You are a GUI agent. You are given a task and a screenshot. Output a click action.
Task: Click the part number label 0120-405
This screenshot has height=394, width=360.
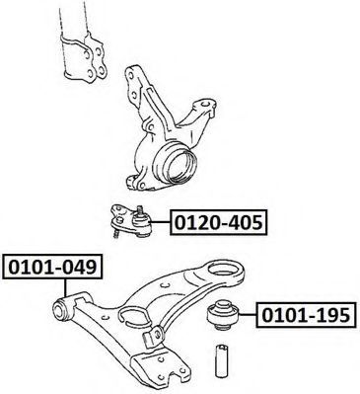coord(219,222)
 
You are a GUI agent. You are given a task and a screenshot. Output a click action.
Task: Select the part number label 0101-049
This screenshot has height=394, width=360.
coord(52,267)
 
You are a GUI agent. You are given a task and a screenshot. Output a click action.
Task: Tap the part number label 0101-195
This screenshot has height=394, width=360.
coord(306,315)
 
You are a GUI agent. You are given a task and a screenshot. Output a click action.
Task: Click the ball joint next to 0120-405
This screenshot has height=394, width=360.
coord(132,221)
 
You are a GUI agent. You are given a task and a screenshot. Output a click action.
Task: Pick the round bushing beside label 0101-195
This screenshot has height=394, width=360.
coord(224,315)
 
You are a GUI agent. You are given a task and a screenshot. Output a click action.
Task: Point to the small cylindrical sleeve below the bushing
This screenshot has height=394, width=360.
coord(222,361)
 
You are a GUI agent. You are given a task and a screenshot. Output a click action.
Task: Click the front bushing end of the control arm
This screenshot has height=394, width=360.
coord(61,309)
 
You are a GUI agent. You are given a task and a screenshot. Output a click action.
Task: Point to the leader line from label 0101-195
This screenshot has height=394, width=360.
coord(249,315)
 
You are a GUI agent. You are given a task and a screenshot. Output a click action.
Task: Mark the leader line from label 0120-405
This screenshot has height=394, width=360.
coord(161,222)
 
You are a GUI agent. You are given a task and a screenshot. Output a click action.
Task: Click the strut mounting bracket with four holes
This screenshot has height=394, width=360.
coord(84,57)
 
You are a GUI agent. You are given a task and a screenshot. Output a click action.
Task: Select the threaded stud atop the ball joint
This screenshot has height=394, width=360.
coord(141,209)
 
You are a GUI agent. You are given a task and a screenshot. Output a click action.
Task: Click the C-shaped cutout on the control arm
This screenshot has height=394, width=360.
coord(132,316)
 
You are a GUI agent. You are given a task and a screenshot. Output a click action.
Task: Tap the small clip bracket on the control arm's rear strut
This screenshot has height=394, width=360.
coord(154,335)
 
